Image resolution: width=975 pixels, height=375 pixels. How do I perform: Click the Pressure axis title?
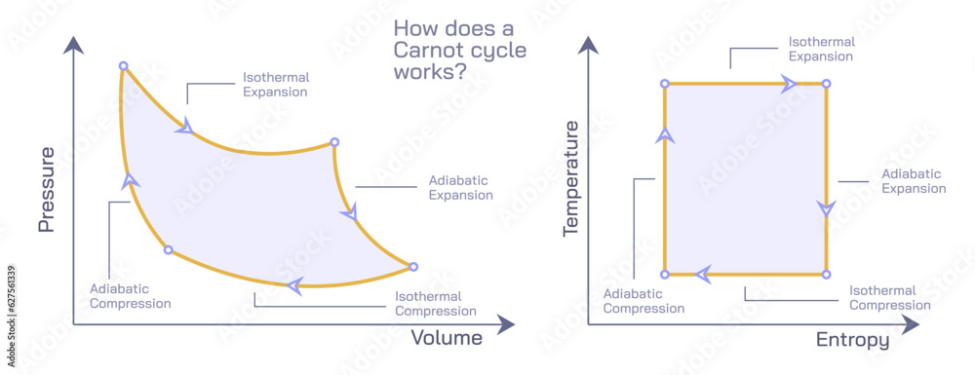(x=45, y=190)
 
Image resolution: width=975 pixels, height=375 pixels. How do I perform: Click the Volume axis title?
(x=447, y=338)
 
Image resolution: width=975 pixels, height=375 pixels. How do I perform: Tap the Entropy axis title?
(x=852, y=340)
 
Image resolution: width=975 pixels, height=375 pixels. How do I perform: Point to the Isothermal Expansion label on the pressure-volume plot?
(x=275, y=85)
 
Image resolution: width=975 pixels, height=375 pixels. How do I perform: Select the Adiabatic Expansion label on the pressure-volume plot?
(x=460, y=188)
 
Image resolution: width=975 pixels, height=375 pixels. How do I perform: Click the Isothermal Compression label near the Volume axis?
(x=435, y=304)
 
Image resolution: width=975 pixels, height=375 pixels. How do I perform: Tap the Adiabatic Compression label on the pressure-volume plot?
(x=131, y=296)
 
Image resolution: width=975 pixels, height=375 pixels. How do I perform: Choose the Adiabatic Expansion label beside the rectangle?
(x=914, y=181)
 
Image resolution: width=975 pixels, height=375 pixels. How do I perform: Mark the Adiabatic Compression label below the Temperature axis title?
(x=643, y=301)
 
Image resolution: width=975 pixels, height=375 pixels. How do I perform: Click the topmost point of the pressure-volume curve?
(x=124, y=66)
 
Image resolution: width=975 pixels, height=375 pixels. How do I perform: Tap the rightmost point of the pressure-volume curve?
(x=412, y=267)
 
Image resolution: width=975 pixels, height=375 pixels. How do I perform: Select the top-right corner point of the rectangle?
(x=827, y=85)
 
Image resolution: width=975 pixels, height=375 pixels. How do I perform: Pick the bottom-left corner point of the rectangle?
(x=665, y=275)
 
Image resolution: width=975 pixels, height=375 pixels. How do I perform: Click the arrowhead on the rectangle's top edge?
(x=791, y=85)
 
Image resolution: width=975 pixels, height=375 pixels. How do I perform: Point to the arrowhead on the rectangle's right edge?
(x=827, y=208)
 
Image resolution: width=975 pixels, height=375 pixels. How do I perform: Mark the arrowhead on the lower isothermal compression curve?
(x=293, y=285)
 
